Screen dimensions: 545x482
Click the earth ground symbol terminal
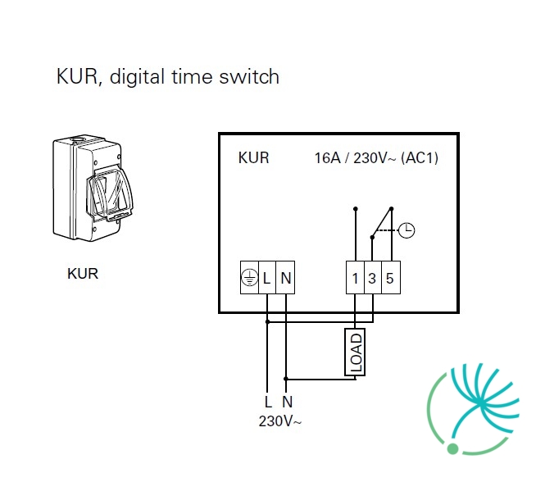250,278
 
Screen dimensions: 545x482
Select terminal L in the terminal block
267,278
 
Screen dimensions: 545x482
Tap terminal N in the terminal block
285,278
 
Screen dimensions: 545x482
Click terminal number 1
355,278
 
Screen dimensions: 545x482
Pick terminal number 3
373,278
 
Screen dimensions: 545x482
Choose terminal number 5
391,278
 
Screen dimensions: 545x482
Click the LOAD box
355,352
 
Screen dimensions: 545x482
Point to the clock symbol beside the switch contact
406,230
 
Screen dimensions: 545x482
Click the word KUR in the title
78,76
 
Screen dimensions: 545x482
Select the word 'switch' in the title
249,76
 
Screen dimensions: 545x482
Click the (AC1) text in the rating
420,158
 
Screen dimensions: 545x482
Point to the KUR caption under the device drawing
83,274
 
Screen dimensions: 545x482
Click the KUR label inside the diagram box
254,158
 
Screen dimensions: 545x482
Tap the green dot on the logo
452,448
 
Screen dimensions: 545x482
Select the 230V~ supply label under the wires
279,421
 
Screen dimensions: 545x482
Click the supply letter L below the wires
268,402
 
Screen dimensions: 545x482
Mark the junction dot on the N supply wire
286,379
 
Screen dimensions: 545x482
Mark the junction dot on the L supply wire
267,321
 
